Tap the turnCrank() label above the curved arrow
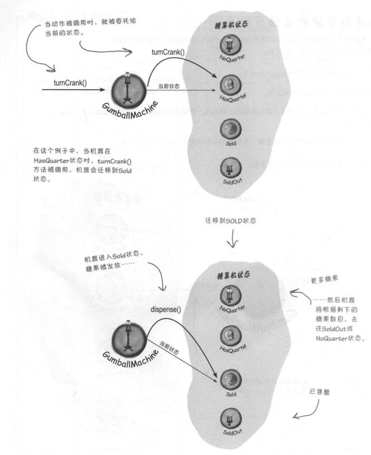pyautogui.click(x=168, y=52)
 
